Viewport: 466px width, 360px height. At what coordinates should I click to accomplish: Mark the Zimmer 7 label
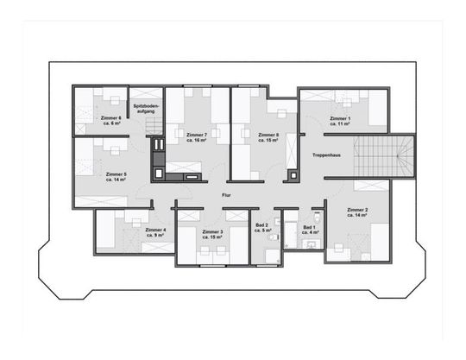point(198,136)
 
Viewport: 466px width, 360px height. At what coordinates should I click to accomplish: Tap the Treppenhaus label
point(326,155)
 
